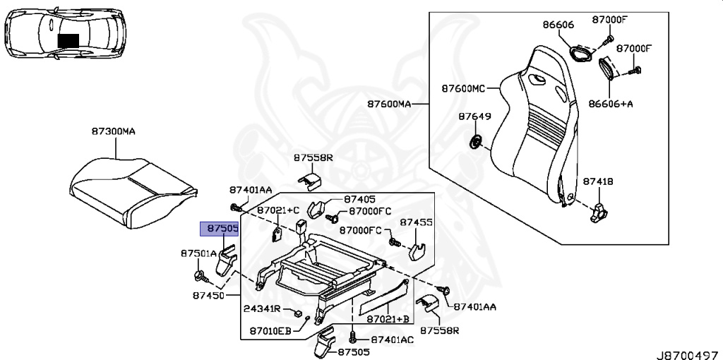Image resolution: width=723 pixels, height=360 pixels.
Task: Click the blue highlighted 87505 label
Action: pos(220,229)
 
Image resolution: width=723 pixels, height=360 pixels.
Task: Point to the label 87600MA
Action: pos(388,104)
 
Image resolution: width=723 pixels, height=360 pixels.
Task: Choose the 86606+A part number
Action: pos(611,103)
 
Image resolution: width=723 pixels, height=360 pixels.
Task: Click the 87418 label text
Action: pos(598,181)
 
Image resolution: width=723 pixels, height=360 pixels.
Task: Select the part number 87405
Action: pos(360,200)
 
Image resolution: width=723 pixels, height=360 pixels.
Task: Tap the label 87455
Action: pos(417,222)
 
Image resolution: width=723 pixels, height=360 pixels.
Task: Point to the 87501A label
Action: pos(198,253)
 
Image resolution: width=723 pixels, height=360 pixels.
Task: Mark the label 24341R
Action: pos(263,309)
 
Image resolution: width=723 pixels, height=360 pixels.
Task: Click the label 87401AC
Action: pos(392,340)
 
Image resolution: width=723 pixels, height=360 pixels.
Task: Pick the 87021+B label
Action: pos(387,320)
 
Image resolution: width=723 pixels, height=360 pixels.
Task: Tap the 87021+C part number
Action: pos(278,210)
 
